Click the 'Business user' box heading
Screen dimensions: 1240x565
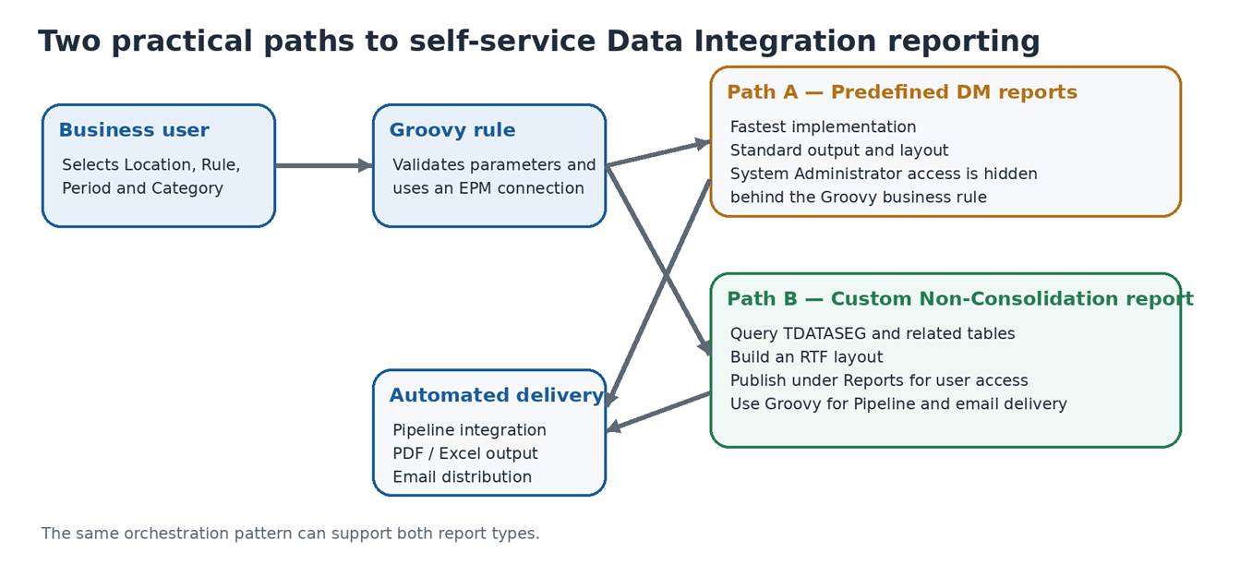pyautogui.click(x=134, y=130)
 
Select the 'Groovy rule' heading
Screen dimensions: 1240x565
pyautogui.click(x=452, y=130)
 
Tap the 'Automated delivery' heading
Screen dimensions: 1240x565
pyautogui.click(x=496, y=395)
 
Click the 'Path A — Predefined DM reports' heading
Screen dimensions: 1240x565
pyautogui.click(x=902, y=92)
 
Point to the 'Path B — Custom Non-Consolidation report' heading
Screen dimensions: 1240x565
pyautogui.click(x=960, y=299)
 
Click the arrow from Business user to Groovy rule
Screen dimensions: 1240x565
pyautogui.click(x=324, y=165)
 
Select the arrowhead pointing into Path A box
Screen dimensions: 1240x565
pyautogui.click(x=703, y=144)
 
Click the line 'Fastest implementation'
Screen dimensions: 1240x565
pyautogui.click(x=823, y=126)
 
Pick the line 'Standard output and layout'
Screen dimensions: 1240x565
pyautogui.click(x=838, y=150)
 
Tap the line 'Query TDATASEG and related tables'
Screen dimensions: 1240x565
pyautogui.click(x=872, y=333)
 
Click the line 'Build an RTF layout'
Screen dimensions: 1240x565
pyautogui.click(x=806, y=357)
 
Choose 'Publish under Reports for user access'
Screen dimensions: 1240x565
pyautogui.click(x=878, y=380)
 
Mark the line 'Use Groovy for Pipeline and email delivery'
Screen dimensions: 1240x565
pyautogui.click(x=897, y=403)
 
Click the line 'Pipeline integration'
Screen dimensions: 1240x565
pyautogui.click(x=469, y=430)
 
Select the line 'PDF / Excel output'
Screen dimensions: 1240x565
pyautogui.click(x=464, y=453)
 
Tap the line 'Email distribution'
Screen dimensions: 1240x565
pyautogui.click(x=462, y=476)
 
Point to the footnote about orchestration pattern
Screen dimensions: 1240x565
pyautogui.click(x=290, y=534)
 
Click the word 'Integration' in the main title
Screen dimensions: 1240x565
pyautogui.click(x=785, y=42)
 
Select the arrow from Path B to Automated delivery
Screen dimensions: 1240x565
pyautogui.click(x=658, y=412)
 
